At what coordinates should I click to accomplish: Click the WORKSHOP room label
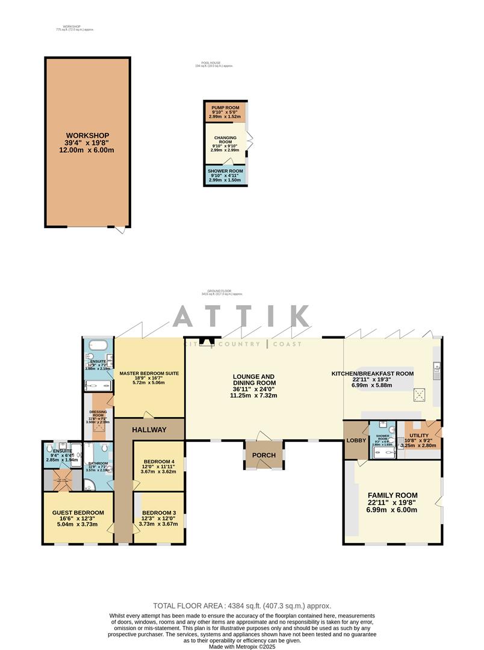pos(87,135)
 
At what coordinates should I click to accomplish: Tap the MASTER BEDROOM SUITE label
pos(149,373)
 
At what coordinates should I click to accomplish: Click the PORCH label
pos(264,455)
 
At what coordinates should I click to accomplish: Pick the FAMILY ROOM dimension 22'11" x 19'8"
pos(392,503)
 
